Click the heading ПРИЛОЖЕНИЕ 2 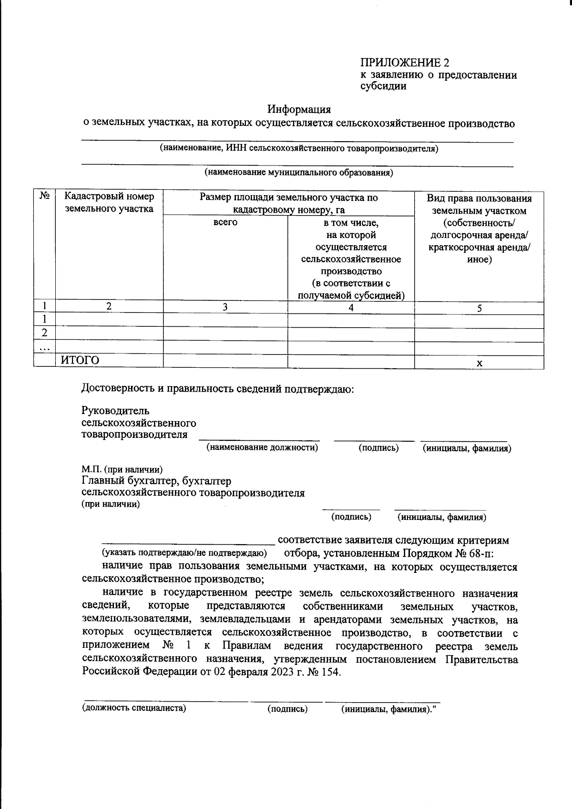404,62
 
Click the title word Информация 299,109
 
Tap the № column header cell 45,197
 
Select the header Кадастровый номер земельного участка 109,203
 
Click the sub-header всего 225,222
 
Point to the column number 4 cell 351,308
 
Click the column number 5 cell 479,308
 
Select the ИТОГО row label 80,360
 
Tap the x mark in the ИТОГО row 480,363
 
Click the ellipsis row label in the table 45,348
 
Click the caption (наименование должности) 262,447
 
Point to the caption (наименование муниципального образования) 298,173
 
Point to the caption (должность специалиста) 134,708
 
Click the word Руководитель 115,411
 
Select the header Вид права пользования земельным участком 479,204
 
